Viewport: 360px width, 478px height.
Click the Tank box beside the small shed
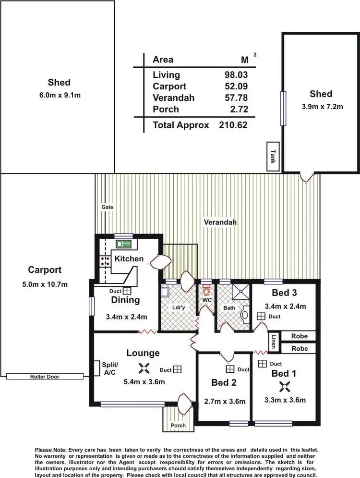pos(273,156)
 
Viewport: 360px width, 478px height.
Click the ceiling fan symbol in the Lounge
pos(143,368)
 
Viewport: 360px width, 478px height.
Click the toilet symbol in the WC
pos(207,291)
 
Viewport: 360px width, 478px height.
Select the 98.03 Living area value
pos(235,75)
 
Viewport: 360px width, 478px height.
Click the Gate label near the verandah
pos(107,207)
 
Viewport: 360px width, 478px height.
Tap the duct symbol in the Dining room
pos(127,291)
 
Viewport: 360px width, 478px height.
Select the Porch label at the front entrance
pos(178,426)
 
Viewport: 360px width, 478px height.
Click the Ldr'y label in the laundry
pos(178,307)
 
